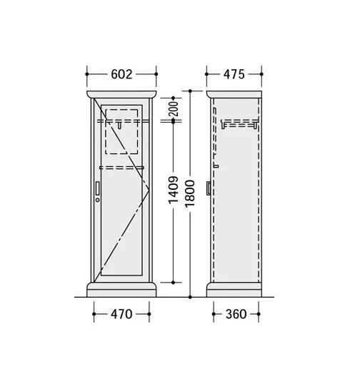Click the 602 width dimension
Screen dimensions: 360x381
click(121, 74)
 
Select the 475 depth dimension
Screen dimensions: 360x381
click(234, 74)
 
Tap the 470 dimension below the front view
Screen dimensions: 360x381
click(121, 314)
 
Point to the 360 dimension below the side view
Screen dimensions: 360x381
click(236, 314)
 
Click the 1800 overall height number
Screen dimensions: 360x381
click(190, 193)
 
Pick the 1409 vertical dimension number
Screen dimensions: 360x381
click(174, 190)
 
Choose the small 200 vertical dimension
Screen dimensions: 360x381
click(174, 108)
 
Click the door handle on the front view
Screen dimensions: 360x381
click(98, 188)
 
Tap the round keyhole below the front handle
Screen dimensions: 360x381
click(98, 200)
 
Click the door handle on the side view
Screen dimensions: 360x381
click(209, 188)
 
